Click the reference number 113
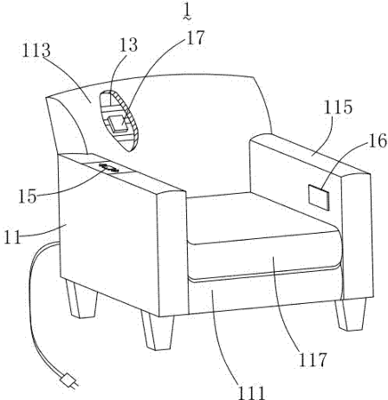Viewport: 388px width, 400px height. click(36, 51)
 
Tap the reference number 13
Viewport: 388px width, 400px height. click(129, 45)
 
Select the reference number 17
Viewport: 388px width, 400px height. click(196, 37)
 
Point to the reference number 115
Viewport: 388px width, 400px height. click(338, 108)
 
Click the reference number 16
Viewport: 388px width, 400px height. click(377, 140)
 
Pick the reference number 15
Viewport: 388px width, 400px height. click(28, 196)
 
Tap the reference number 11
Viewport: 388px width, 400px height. click(12, 237)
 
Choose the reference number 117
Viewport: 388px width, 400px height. click(312, 360)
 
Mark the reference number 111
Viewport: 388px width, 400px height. click(251, 392)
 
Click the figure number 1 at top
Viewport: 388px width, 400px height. click(187, 11)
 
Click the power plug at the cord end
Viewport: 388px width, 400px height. click(69, 380)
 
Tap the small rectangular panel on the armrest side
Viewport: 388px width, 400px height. click(319, 197)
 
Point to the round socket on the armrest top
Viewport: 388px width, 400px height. click(109, 167)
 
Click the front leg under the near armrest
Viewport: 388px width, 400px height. click(158, 332)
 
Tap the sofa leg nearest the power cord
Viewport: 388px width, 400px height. click(81, 299)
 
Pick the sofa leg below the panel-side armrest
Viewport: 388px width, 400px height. click(350, 315)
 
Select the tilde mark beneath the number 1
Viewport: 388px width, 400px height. click(187, 19)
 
